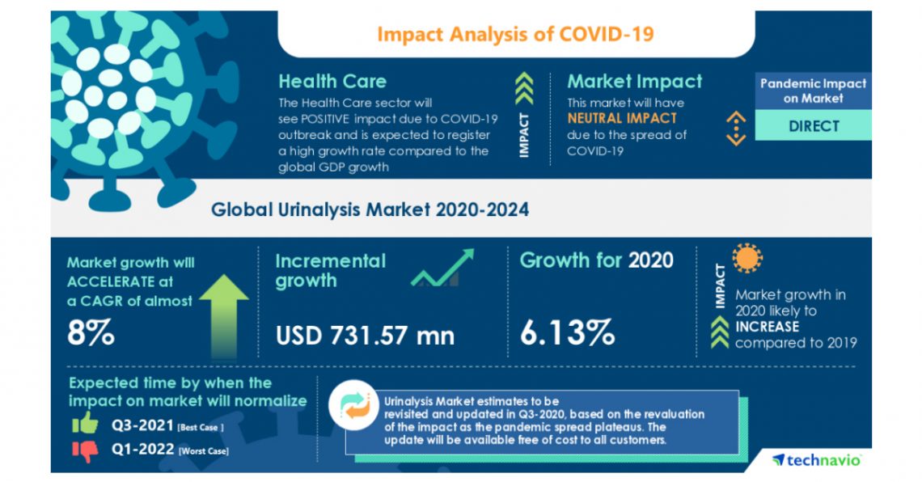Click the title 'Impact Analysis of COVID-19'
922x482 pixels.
[515, 34]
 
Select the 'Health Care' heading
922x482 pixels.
[332, 81]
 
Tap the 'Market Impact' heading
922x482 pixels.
[634, 81]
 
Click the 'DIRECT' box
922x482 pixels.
[813, 126]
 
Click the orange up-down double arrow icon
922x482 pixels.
[734, 127]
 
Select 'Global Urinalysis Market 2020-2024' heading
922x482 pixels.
[370, 209]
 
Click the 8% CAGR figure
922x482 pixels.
[91, 333]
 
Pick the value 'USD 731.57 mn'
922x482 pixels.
[365, 334]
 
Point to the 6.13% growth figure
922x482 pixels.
[566, 332]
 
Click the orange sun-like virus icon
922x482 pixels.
[746, 259]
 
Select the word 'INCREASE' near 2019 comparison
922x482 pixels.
[767, 327]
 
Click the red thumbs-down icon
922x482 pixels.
[84, 449]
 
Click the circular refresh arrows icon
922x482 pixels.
[358, 405]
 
